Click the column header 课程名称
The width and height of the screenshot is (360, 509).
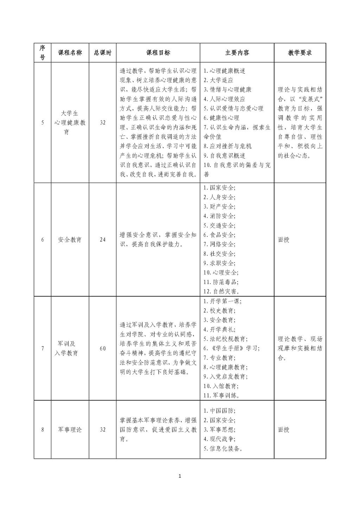click(x=70, y=53)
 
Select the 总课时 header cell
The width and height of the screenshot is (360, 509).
click(x=103, y=53)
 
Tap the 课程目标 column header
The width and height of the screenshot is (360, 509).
click(x=158, y=53)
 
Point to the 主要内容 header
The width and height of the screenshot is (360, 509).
click(x=237, y=53)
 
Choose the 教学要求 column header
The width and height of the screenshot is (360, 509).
click(x=300, y=53)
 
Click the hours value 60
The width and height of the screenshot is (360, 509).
click(x=103, y=348)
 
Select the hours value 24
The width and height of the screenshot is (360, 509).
click(x=103, y=240)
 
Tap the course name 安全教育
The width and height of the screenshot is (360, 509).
click(x=70, y=240)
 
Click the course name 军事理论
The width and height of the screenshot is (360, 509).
click(x=70, y=430)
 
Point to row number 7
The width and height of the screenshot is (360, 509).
click(x=43, y=348)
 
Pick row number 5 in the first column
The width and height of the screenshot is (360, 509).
click(x=43, y=123)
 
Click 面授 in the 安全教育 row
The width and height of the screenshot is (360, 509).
click(x=284, y=240)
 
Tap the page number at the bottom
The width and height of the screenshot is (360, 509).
click(x=180, y=476)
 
